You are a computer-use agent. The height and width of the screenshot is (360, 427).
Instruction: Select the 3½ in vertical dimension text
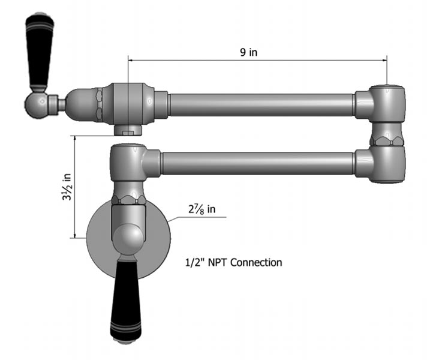coord(67,187)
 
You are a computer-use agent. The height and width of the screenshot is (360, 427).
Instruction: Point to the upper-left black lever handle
coord(40,54)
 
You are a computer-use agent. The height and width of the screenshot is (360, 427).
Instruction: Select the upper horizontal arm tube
coord(261,104)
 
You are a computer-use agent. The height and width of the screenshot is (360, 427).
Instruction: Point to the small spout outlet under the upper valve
coord(128,130)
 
